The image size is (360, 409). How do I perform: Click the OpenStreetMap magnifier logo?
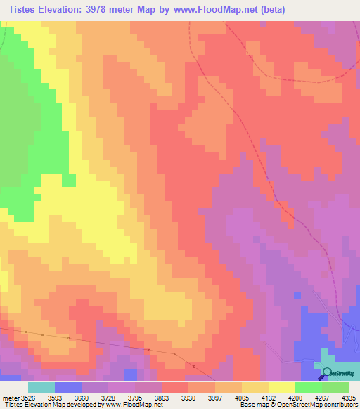tap(328, 373)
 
